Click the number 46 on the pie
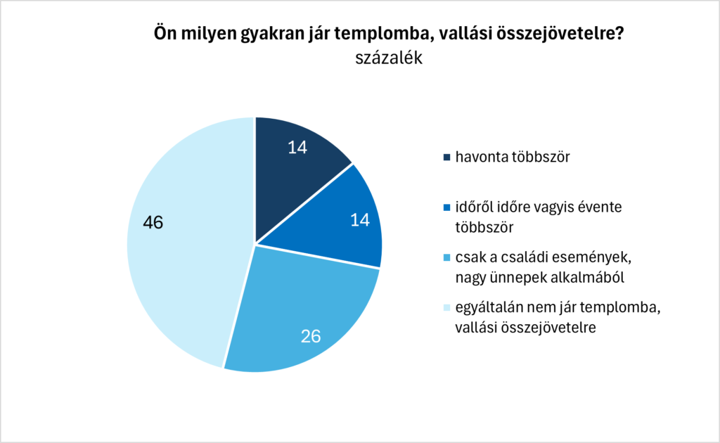pyautogui.click(x=153, y=223)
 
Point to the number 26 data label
pyautogui.click(x=311, y=336)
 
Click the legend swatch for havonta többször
pyautogui.click(x=446, y=156)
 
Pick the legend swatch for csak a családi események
pyautogui.click(x=446, y=259)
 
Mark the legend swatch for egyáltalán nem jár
pyautogui.click(x=446, y=311)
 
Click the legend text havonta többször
pyautogui.click(x=511, y=156)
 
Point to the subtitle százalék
pyautogui.click(x=389, y=58)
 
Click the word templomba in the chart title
pyautogui.click(x=382, y=34)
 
